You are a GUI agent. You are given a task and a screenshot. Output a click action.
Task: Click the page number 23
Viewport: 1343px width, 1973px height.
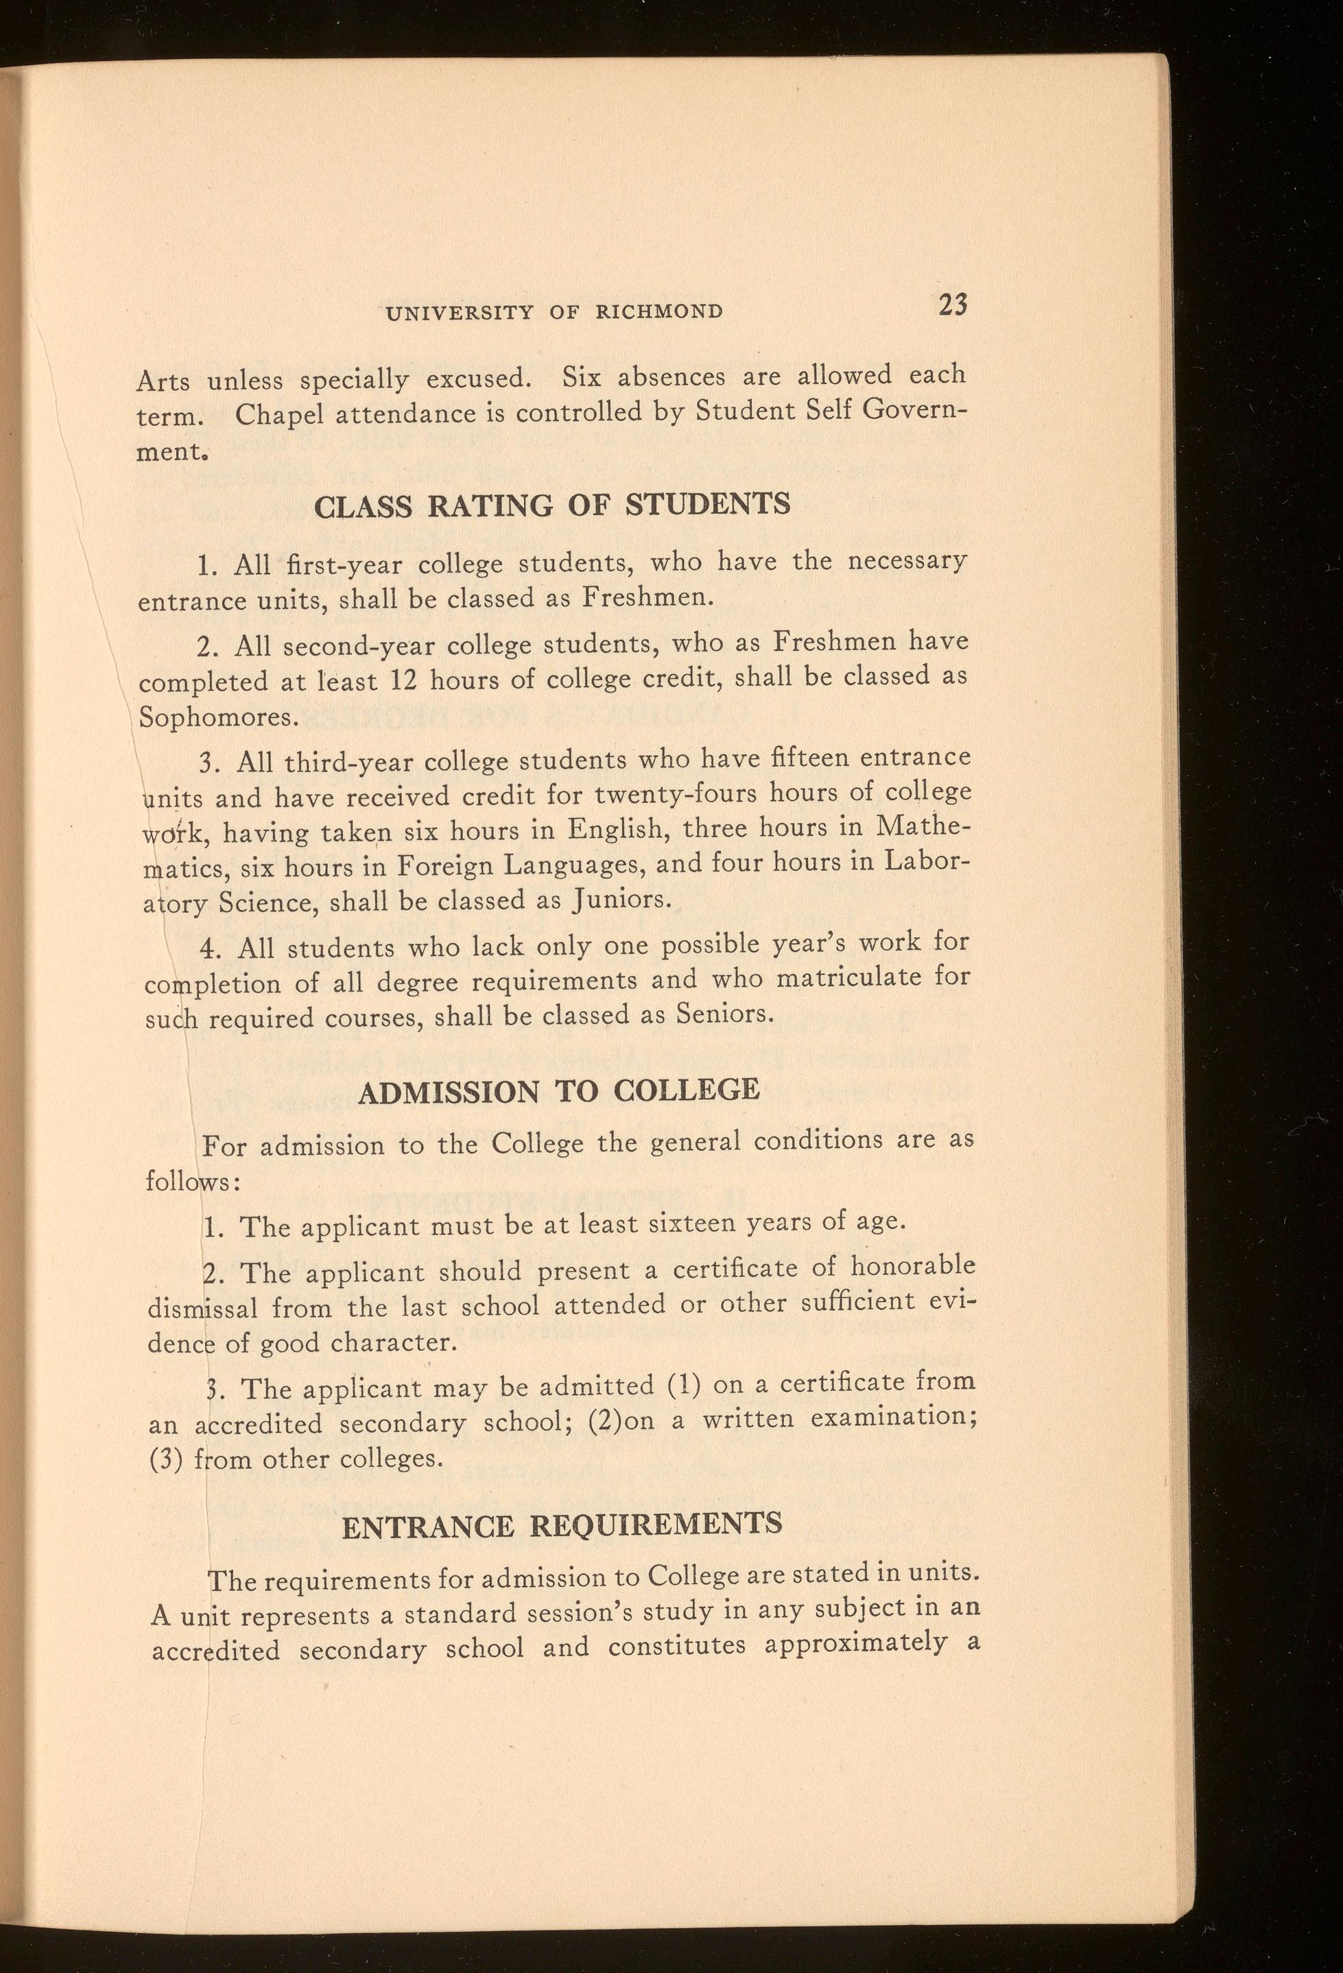click(x=953, y=304)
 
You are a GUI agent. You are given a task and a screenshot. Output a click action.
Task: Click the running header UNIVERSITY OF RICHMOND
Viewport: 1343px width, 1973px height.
click(x=554, y=311)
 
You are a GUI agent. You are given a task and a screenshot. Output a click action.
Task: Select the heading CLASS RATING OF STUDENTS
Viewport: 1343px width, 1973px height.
click(x=551, y=505)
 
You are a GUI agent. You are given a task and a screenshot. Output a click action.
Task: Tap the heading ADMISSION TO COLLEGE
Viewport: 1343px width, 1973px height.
click(x=558, y=1091)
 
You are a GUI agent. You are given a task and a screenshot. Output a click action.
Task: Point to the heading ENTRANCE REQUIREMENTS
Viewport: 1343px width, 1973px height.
click(x=561, y=1526)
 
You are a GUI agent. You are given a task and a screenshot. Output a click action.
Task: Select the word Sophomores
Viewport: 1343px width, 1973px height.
click(x=218, y=718)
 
